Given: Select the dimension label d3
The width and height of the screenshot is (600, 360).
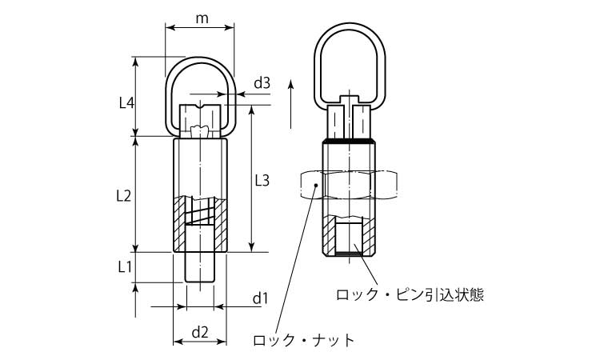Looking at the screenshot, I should (x=262, y=82).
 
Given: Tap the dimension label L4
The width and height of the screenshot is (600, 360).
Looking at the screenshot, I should (x=126, y=102).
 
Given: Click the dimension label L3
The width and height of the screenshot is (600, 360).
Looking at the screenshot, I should (x=262, y=180).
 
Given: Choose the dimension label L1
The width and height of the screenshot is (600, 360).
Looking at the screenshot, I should (x=126, y=266).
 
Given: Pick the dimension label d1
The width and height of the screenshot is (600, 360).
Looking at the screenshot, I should (x=259, y=298).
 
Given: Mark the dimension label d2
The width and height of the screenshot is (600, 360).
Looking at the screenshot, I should (x=200, y=330).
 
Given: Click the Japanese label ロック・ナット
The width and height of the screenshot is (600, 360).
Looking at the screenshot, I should (x=303, y=340).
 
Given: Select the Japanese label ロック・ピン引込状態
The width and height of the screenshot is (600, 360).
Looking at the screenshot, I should (x=410, y=295).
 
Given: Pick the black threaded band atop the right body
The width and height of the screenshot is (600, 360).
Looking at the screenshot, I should (x=348, y=141).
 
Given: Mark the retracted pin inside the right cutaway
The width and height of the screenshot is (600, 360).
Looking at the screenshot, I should (x=348, y=238).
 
